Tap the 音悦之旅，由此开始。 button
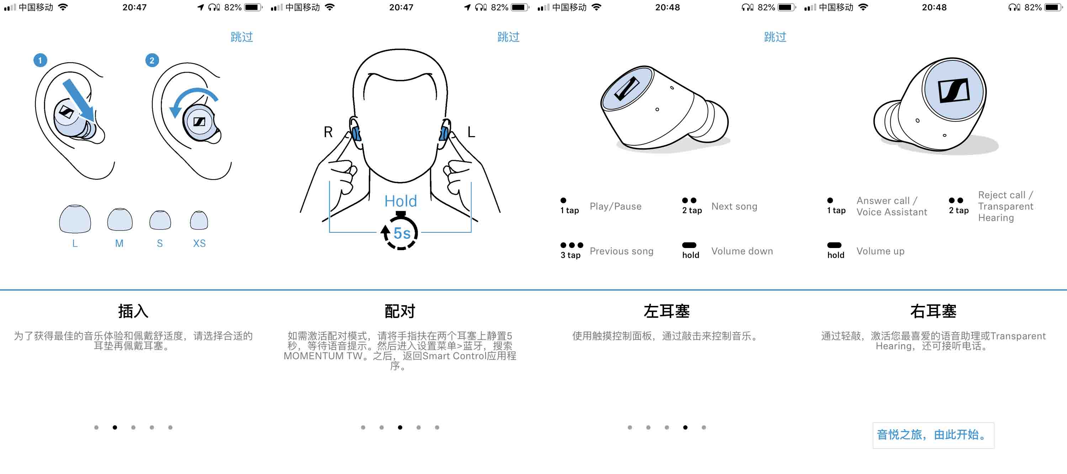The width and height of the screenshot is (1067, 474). pyautogui.click(x=933, y=435)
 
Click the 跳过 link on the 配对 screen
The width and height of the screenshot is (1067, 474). pyautogui.click(x=508, y=37)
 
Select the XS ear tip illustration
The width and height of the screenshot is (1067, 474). pyautogui.click(x=199, y=220)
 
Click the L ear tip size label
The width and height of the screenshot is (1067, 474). pyautogui.click(x=75, y=243)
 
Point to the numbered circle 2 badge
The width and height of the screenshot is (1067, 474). pyautogui.click(x=152, y=60)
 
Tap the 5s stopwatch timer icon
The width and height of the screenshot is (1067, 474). pyautogui.click(x=400, y=231)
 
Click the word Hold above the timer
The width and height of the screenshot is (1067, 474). pyautogui.click(x=400, y=201)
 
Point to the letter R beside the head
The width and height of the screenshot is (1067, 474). pyautogui.click(x=328, y=132)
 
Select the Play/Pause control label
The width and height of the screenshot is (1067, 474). pyautogui.click(x=616, y=206)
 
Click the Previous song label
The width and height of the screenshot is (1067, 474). pyautogui.click(x=621, y=251)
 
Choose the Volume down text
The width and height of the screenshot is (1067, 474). pyautogui.click(x=742, y=251)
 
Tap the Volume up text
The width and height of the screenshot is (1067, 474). pyautogui.click(x=880, y=251)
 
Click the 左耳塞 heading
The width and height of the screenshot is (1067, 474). pyautogui.click(x=667, y=311)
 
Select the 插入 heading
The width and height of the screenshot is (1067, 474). pyautogui.click(x=133, y=311)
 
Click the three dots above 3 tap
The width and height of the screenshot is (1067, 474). pyautogui.click(x=572, y=245)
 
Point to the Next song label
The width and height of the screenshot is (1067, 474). pyautogui.click(x=734, y=206)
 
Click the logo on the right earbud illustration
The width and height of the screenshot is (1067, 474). pyautogui.click(x=954, y=91)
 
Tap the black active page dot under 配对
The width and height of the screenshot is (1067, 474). pyautogui.click(x=400, y=427)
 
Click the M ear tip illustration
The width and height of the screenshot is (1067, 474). pyautogui.click(x=120, y=219)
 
